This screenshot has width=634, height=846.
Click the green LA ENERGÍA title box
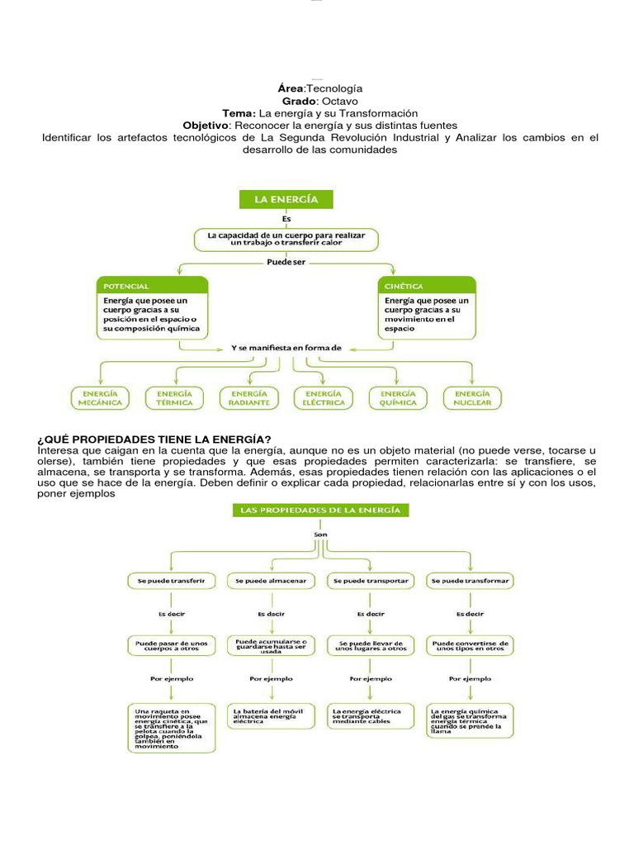pyautogui.click(x=285, y=200)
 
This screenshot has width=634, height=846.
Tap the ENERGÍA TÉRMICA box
pyautogui.click(x=175, y=397)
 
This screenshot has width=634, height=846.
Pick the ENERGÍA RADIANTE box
pyautogui.click(x=248, y=397)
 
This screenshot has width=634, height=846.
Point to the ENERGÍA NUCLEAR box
pyautogui.click(x=471, y=397)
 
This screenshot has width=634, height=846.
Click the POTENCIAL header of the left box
pyautogui.click(x=153, y=286)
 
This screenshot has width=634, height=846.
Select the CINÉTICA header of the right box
pyautogui.click(x=428, y=286)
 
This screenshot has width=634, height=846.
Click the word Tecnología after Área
pyautogui.click(x=334, y=88)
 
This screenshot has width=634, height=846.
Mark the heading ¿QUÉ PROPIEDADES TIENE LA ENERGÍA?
pyautogui.click(x=154, y=438)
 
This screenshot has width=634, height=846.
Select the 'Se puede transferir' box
pyautogui.click(x=171, y=581)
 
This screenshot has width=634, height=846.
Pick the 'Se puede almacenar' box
pyautogui.click(x=270, y=581)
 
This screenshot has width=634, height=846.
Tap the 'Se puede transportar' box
pyautogui.click(x=370, y=581)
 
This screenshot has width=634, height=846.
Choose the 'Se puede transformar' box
pyautogui.click(x=470, y=581)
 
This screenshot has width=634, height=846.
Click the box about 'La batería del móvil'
pyautogui.click(x=271, y=715)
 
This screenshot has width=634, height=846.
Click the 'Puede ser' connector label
pyautogui.click(x=286, y=262)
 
